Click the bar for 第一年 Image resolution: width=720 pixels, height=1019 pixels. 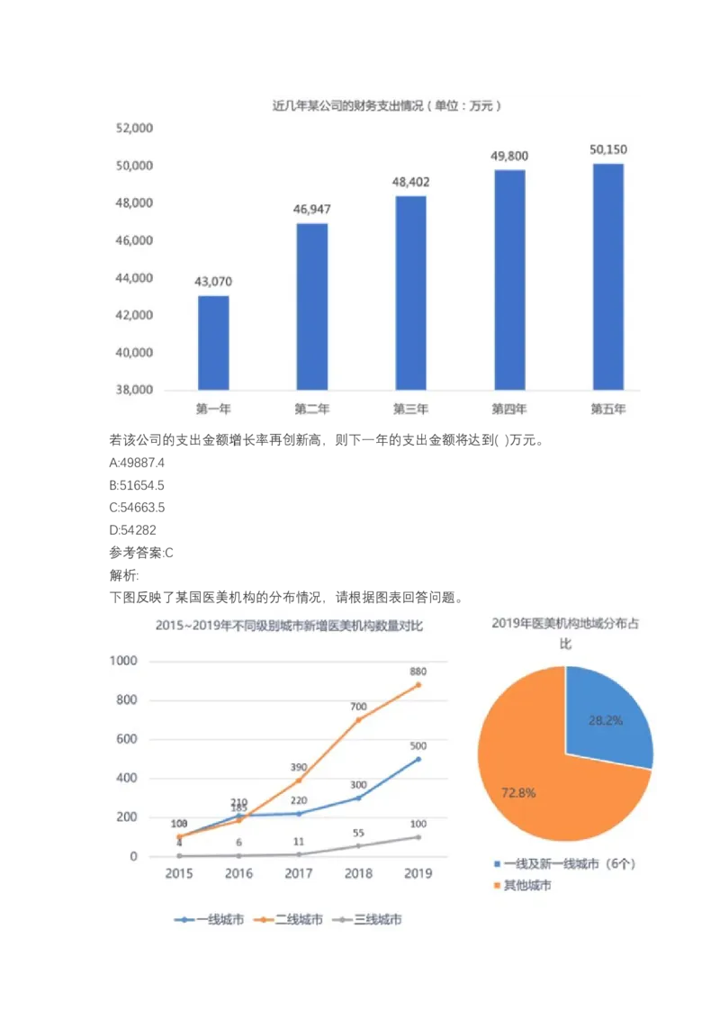(x=213, y=342)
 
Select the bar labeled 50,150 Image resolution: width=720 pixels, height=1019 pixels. (x=608, y=276)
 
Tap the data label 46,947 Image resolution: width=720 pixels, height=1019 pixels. (x=312, y=209)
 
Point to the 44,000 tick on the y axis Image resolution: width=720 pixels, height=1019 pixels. (x=134, y=278)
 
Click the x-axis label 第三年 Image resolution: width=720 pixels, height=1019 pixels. (x=410, y=409)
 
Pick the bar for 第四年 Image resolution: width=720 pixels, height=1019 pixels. (x=509, y=279)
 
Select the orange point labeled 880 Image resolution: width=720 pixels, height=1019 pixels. (x=418, y=685)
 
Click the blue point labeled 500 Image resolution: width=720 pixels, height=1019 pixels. (x=418, y=759)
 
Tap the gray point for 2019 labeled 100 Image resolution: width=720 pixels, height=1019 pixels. (x=418, y=837)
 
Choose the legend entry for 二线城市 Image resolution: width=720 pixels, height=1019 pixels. (x=291, y=920)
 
